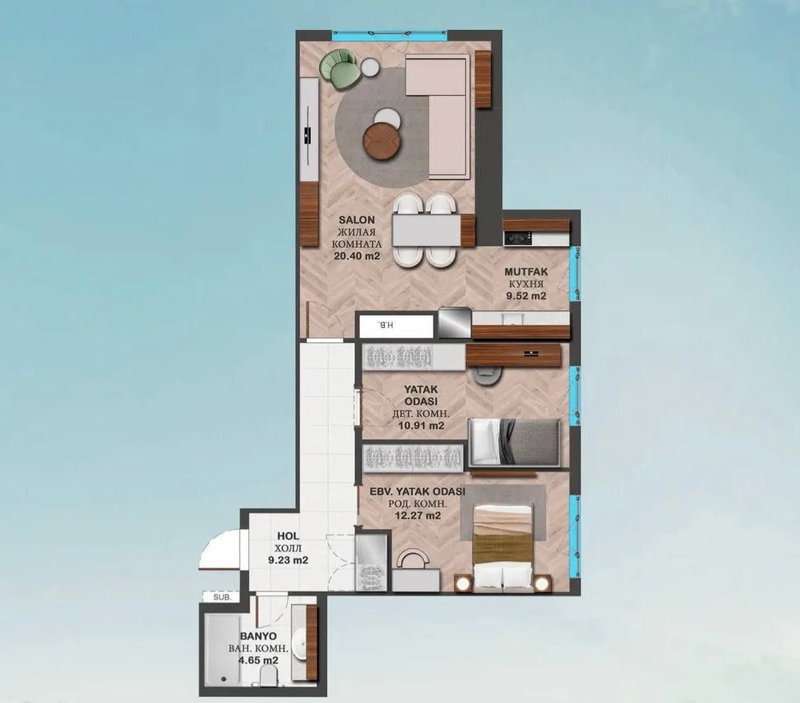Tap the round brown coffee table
click(383, 140)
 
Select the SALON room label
click(356, 220)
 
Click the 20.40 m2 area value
click(356, 256)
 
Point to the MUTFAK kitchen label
click(525, 272)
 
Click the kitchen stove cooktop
click(517, 238)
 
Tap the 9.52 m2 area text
click(525, 296)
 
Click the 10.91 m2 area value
click(421, 426)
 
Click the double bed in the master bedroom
click(503, 545)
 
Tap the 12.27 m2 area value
click(417, 515)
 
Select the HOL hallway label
click(288, 536)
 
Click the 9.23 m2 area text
click(288, 560)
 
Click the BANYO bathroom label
click(258, 636)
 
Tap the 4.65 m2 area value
click(258, 660)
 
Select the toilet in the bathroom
click(267, 679)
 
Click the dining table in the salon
click(433, 230)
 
